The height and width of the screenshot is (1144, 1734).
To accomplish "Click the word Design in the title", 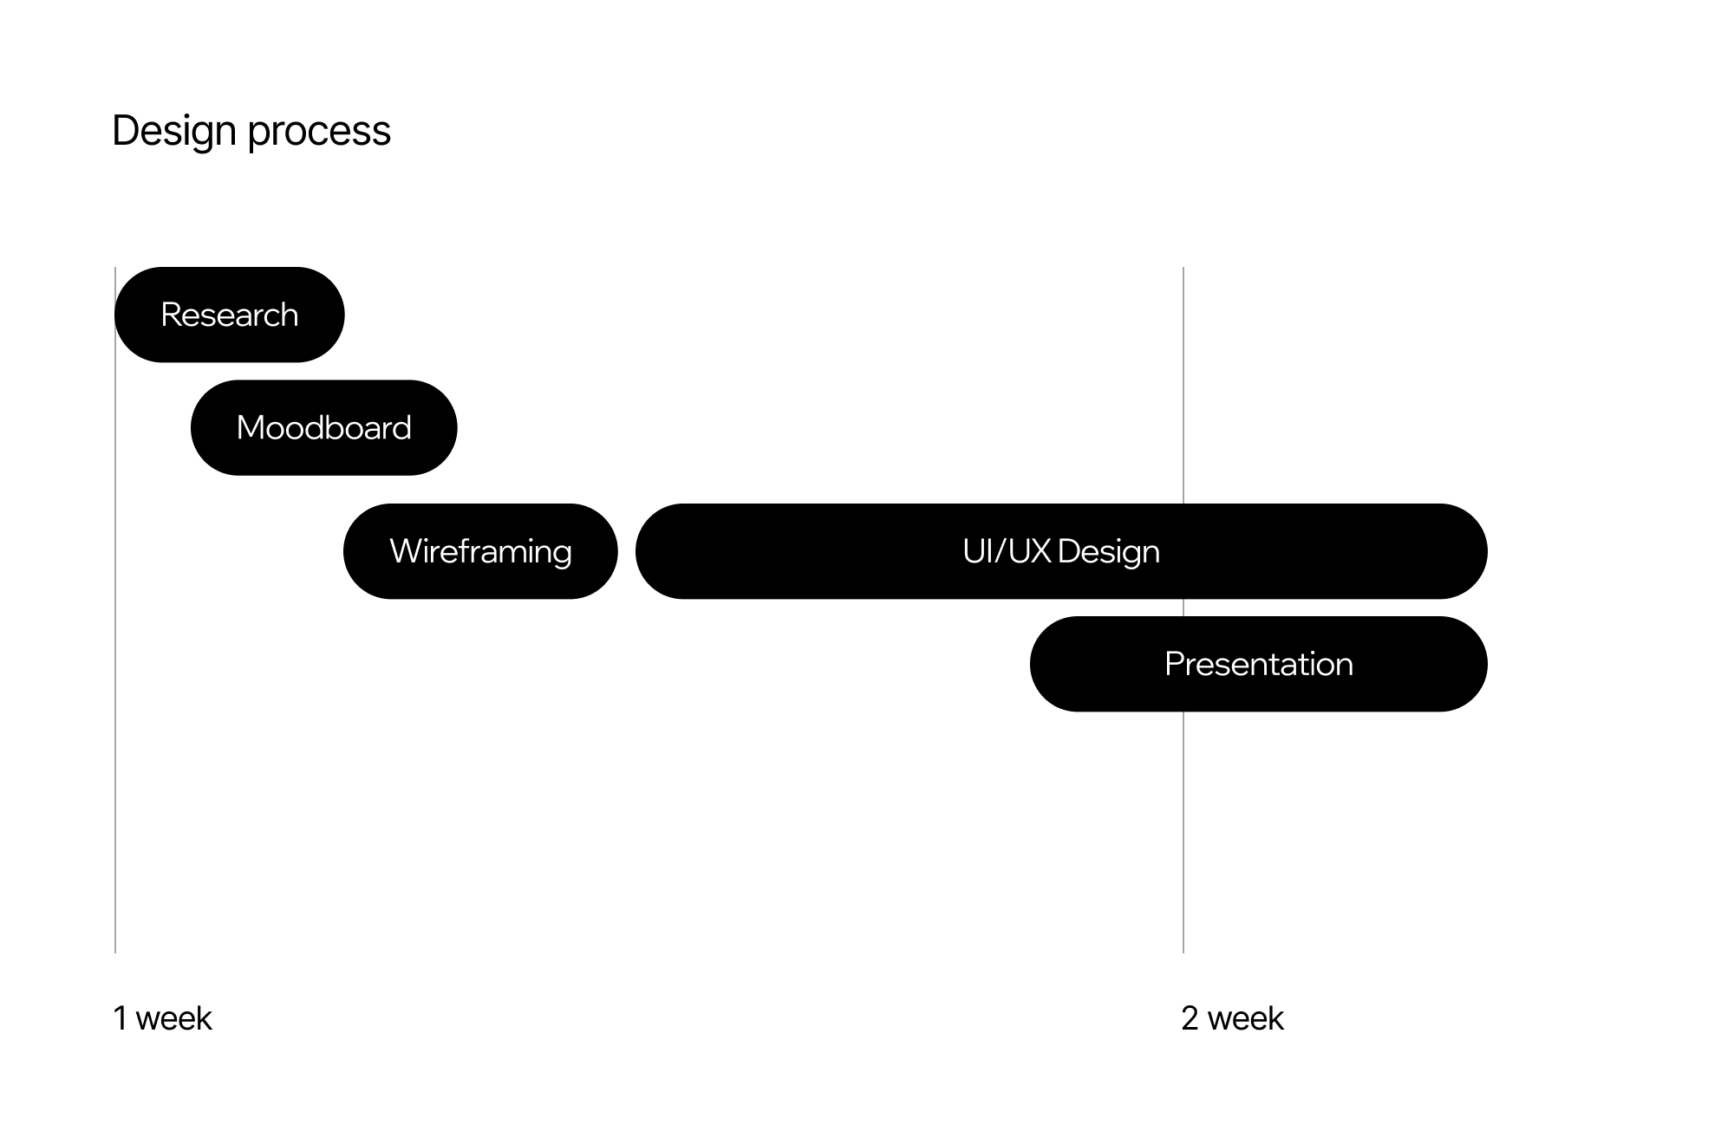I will click(x=174, y=132).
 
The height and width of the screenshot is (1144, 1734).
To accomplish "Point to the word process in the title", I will click(x=319, y=132).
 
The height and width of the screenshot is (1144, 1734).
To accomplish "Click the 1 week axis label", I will click(x=162, y=1018).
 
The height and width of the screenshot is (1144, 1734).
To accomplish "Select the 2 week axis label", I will click(x=1232, y=1018).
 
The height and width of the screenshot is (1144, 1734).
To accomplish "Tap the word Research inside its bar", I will click(x=230, y=315).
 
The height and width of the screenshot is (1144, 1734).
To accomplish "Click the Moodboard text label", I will click(x=323, y=428).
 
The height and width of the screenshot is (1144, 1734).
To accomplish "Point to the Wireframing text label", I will click(x=480, y=552).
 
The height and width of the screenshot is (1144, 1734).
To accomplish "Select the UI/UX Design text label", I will click(x=1061, y=551).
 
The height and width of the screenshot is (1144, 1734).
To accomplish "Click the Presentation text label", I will click(x=1258, y=665).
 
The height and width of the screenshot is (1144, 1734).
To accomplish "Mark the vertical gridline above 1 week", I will click(x=115, y=780).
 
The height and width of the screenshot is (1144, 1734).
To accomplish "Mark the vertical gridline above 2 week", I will click(x=1183, y=823).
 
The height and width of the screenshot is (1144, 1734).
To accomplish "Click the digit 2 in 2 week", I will click(x=1190, y=1018).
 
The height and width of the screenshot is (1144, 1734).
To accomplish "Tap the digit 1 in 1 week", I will click(x=120, y=1018).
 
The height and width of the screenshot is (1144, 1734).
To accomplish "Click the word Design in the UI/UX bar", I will click(x=1108, y=552).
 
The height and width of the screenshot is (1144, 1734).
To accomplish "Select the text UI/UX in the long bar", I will click(x=1007, y=551).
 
